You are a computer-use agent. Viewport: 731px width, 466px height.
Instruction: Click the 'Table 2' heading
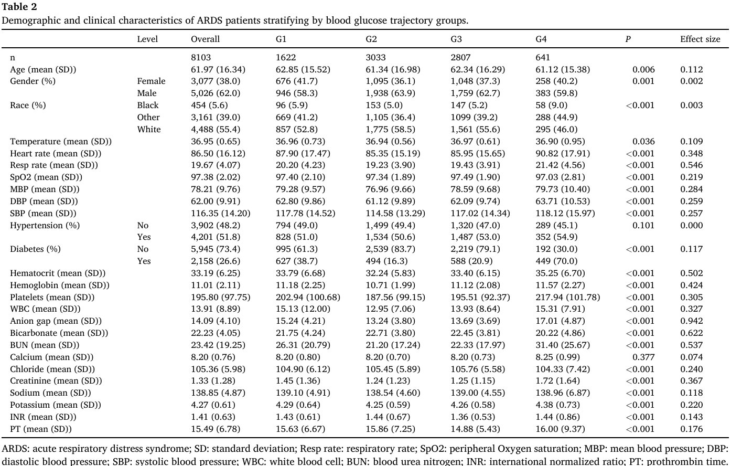click(x=19, y=6)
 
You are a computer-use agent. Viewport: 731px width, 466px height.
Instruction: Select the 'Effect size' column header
click(x=700, y=39)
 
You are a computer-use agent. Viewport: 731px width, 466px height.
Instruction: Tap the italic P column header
click(x=628, y=39)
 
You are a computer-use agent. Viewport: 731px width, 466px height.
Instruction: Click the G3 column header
click(x=456, y=39)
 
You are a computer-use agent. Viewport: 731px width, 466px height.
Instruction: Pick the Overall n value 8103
click(x=201, y=58)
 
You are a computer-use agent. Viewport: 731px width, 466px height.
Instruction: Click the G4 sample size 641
click(x=543, y=58)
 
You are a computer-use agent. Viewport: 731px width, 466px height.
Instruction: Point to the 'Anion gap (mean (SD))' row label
click(x=56, y=321)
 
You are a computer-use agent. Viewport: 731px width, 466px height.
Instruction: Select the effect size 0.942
click(x=692, y=321)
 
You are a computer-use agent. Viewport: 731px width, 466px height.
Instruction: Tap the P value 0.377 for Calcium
click(x=643, y=357)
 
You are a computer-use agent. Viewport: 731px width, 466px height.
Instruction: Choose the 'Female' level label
click(x=151, y=81)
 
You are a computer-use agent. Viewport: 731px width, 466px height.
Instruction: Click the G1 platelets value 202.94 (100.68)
click(x=308, y=297)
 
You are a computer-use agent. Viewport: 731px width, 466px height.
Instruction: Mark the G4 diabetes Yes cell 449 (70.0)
click(x=556, y=261)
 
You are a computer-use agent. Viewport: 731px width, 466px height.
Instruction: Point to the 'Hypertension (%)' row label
click(x=45, y=225)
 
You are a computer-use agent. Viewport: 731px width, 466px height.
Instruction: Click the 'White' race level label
click(x=149, y=129)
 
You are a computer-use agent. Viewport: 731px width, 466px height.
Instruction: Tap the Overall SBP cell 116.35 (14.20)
click(x=221, y=213)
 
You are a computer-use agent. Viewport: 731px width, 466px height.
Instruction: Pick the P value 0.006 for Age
click(x=643, y=70)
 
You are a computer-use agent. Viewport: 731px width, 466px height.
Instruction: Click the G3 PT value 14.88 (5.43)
click(x=475, y=429)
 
